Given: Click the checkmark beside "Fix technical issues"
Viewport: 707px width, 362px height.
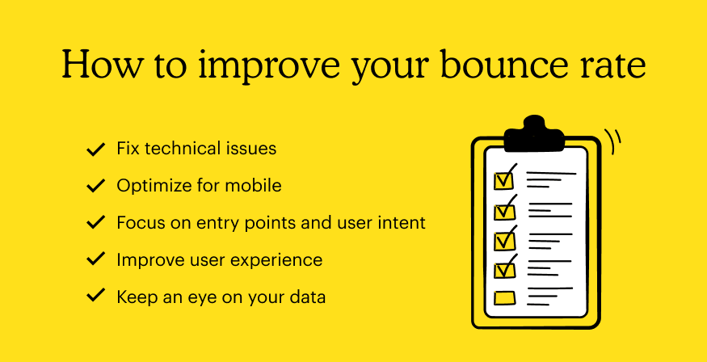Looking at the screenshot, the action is coord(95,149).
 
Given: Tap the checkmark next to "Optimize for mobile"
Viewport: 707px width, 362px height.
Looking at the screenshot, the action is coord(95,186).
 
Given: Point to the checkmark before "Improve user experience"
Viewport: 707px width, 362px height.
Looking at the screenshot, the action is coord(95,259).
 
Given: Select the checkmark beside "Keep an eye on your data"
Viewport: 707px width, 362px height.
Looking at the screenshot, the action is coord(95,297).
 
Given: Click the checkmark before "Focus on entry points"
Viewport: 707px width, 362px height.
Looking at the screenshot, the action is coord(95,223).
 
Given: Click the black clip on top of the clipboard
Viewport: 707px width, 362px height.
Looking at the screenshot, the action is coord(534,133).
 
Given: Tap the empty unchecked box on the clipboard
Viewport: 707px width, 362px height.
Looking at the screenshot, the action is coord(505,298).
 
